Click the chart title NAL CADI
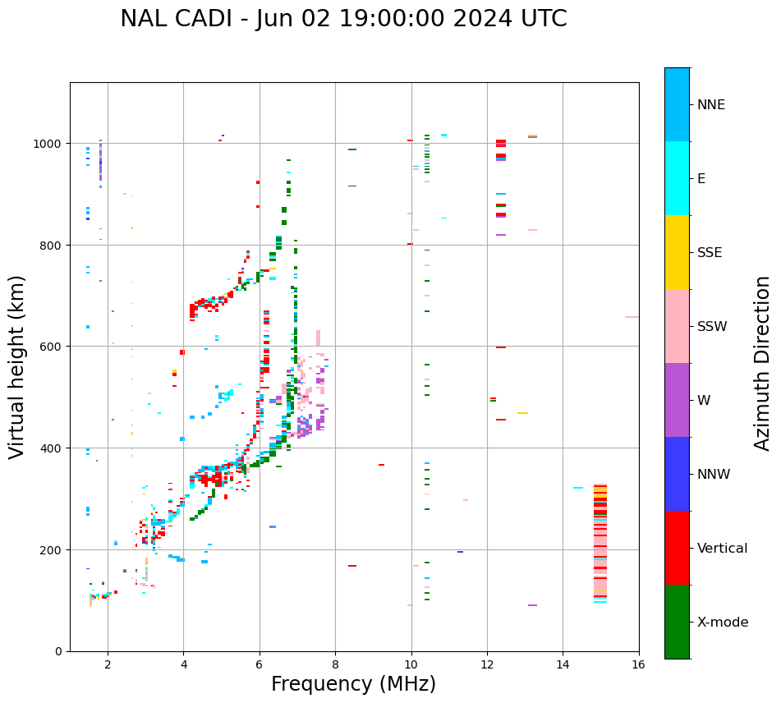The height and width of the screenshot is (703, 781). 343,19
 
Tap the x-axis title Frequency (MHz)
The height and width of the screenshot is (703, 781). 353,684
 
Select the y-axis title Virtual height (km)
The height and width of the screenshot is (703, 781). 17,366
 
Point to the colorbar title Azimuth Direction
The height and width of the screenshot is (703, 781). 763,363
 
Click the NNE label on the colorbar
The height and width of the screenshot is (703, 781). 711,104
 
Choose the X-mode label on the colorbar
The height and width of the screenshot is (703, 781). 723,623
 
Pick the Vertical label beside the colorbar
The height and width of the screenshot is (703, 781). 723,548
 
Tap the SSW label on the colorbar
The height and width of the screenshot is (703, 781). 712,326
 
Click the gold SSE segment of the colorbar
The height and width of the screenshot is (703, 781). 677,252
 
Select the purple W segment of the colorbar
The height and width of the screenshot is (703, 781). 677,400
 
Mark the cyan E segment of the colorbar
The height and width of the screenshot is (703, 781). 677,178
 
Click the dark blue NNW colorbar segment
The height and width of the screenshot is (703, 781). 677,474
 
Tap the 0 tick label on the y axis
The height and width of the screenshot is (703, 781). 58,651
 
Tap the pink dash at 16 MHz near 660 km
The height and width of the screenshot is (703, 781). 632,317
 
